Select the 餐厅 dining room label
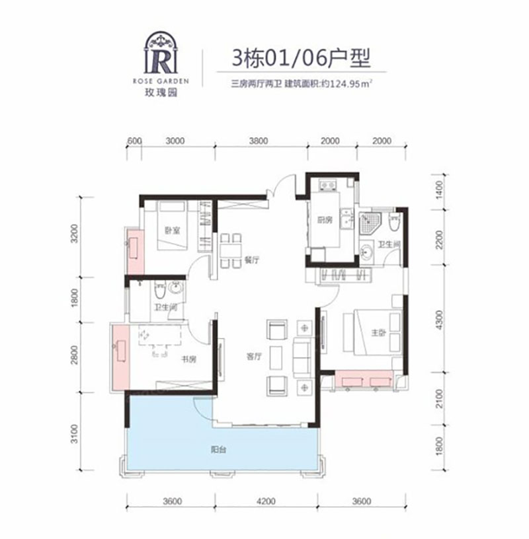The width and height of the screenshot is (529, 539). pyautogui.click(x=250, y=260)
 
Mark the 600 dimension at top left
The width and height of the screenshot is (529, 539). pyautogui.click(x=134, y=141)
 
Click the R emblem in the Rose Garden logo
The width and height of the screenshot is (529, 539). pyautogui.click(x=161, y=59)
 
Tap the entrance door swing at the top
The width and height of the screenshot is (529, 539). pyautogui.click(x=285, y=184)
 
